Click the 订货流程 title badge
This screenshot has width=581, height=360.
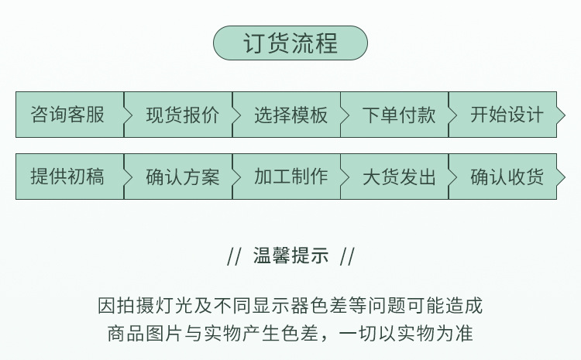tap(290, 43)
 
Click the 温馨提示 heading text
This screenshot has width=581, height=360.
tap(290, 256)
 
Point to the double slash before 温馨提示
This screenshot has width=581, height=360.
tap(234, 256)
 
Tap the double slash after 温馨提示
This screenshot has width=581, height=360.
tap(347, 256)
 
